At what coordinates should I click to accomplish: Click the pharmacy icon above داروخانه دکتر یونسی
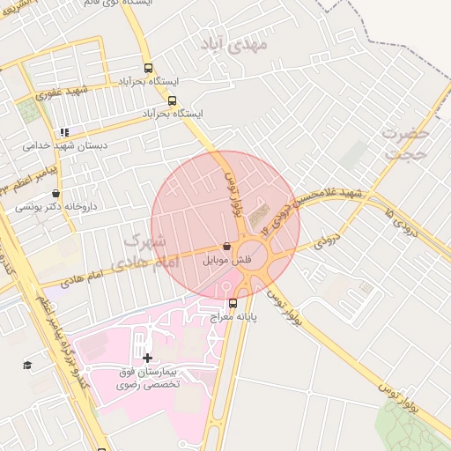(56, 194)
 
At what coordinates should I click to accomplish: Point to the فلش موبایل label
(227, 261)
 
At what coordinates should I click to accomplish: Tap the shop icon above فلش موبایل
(228, 248)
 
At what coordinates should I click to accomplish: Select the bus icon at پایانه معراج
(233, 304)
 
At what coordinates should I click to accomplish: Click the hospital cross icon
(147, 358)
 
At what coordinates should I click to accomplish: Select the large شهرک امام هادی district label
(149, 250)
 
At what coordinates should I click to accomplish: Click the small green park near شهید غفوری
(29, 110)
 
